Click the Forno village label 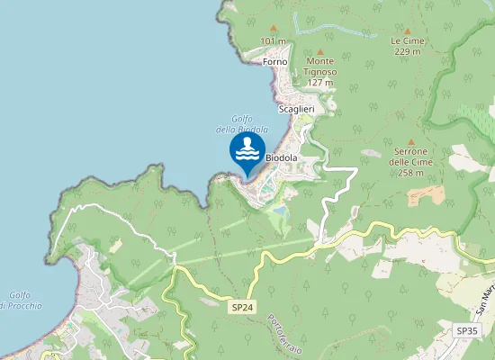pos(274,61)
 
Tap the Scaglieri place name pos(296,109)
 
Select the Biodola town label pos(282,158)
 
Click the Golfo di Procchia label pos(20,301)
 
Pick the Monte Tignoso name pos(319,67)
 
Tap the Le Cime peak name pos(407,40)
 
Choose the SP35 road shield pos(467,331)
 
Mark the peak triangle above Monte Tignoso pos(319,51)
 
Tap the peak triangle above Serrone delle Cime pos(411,141)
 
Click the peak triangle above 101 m pos(274,30)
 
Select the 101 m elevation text pos(274,41)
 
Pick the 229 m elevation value pos(407,51)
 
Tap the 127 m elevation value pos(319,83)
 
